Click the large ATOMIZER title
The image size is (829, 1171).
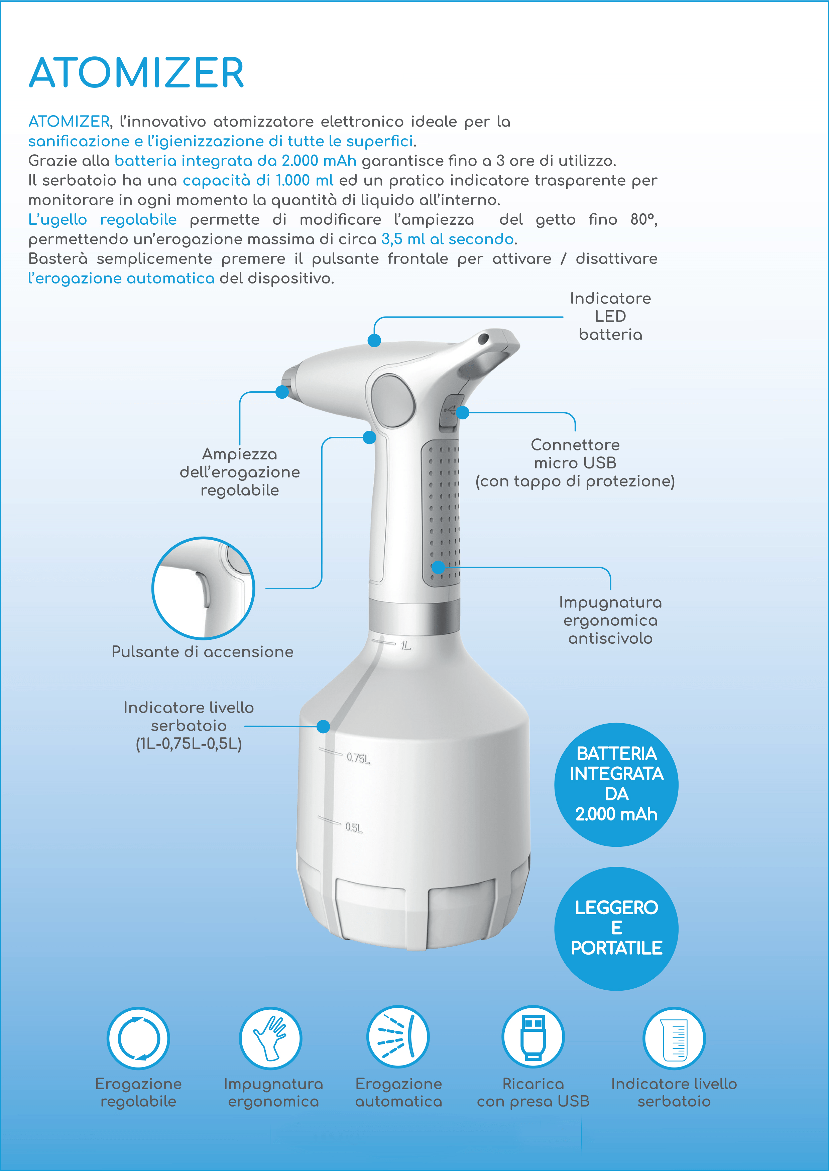click(136, 73)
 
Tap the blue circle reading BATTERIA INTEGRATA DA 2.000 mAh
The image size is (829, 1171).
click(616, 784)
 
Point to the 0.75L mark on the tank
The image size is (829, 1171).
click(358, 758)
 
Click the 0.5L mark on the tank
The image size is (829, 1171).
click(353, 827)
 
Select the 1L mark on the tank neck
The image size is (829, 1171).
click(405, 646)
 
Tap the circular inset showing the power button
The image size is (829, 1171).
click(203, 588)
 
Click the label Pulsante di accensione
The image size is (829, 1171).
click(203, 652)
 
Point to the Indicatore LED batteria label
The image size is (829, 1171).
click(610, 316)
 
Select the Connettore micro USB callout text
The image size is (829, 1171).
click(575, 462)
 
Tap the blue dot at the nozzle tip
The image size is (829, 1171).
click(282, 392)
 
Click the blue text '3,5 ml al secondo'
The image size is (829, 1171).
click(448, 239)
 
